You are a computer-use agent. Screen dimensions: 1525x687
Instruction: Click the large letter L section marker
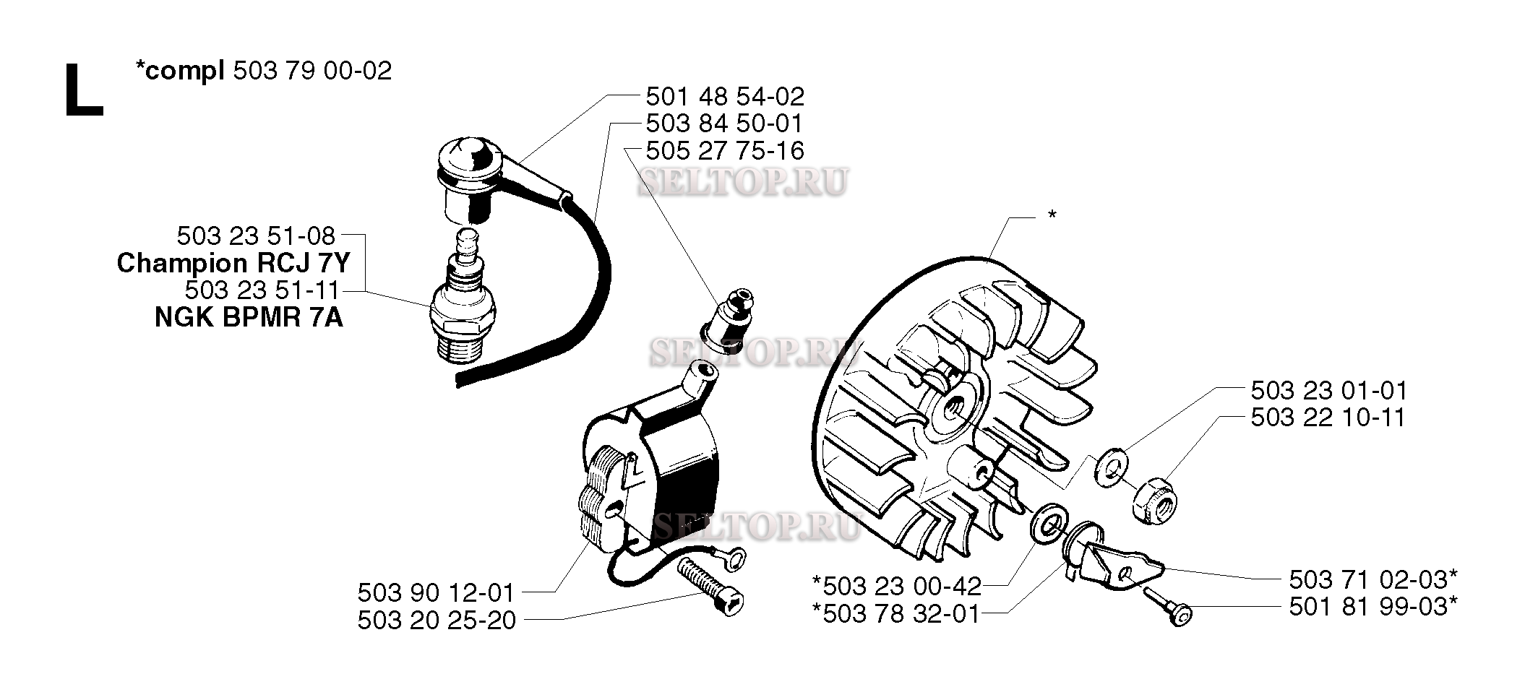pos(84,90)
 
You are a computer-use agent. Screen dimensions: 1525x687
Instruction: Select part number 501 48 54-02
pos(725,96)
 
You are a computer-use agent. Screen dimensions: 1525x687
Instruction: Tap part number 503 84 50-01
pos(724,123)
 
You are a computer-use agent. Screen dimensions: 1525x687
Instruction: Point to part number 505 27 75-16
pos(725,150)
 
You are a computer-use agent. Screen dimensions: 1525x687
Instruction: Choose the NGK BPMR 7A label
pos(249,317)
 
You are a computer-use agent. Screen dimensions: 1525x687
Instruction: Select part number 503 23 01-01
pos(1329,391)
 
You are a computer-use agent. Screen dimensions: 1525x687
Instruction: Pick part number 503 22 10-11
pos(1328,418)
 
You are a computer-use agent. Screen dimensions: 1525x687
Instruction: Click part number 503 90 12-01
pos(436,593)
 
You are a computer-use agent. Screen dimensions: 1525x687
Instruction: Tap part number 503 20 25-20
pos(437,621)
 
